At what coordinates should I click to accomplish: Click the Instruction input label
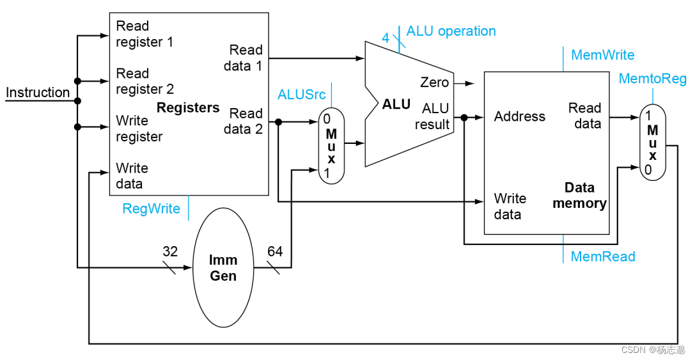tap(38, 92)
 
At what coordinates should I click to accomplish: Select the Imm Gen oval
tap(223, 268)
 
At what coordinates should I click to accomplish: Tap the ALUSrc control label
tap(301, 95)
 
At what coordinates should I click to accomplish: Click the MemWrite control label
tap(602, 55)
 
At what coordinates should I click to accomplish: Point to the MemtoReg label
tap(652, 79)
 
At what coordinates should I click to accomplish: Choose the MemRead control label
tap(603, 256)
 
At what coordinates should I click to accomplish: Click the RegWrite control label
tap(151, 209)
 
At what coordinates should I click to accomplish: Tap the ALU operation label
tap(451, 31)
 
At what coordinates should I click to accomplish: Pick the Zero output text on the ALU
tap(434, 82)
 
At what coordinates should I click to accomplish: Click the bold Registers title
tap(188, 107)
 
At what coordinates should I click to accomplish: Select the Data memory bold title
tap(579, 196)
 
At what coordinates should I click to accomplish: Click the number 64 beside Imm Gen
tap(275, 251)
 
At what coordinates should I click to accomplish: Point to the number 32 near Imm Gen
tap(170, 251)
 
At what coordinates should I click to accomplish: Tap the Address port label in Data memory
tap(519, 116)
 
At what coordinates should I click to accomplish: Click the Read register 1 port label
tap(144, 34)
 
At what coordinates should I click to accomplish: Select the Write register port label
tap(139, 129)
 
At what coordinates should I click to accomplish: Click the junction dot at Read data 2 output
tap(278, 122)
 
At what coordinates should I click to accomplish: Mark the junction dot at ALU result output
tap(464, 118)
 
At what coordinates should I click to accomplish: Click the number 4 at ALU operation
tap(386, 38)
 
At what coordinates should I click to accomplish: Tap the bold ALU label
tap(396, 104)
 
